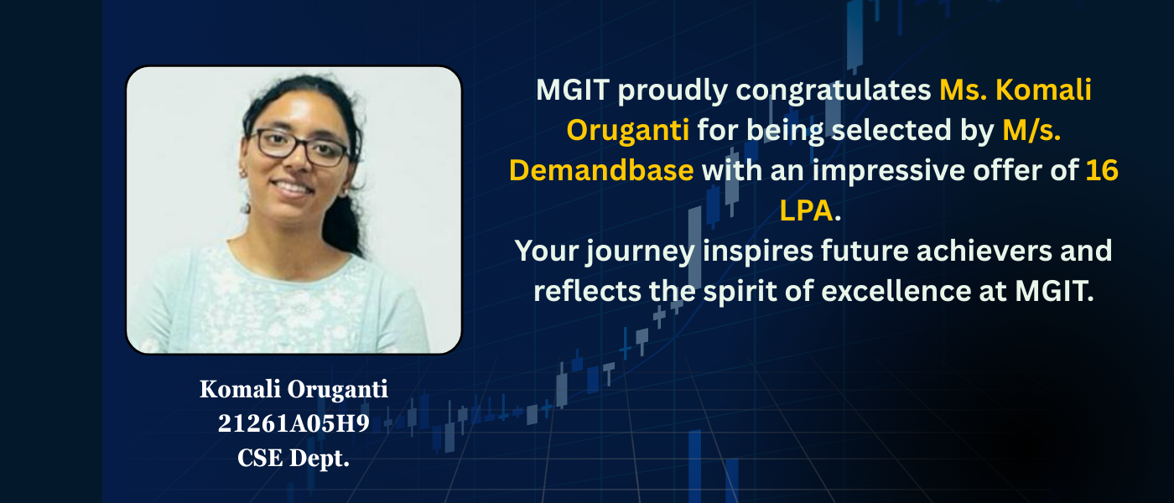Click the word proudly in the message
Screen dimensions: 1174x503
click(x=673, y=91)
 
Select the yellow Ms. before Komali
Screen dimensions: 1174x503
click(x=964, y=90)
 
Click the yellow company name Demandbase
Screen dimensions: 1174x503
click(x=601, y=170)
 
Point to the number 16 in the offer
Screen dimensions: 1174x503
click(x=1102, y=171)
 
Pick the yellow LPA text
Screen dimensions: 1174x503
click(x=806, y=210)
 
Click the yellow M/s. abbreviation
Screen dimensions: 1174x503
click(x=1031, y=130)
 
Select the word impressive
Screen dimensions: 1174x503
click(x=888, y=171)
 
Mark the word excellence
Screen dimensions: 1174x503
click(x=896, y=292)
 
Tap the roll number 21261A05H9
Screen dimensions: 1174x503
click(x=293, y=423)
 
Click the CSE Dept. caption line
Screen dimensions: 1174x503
click(x=293, y=458)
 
